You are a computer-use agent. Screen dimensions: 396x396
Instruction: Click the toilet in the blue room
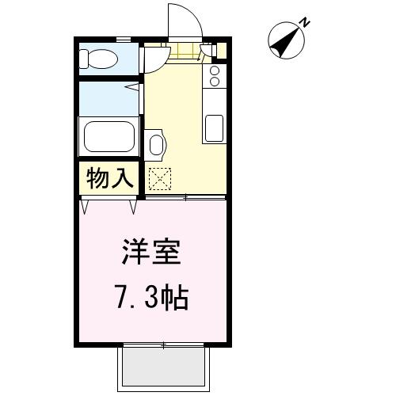(98, 59)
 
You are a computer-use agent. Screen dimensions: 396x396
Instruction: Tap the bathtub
(109, 136)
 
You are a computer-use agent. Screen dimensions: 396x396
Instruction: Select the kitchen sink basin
(214, 128)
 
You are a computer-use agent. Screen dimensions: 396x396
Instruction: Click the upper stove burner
(215, 70)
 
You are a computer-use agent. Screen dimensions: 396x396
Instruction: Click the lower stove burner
(215, 82)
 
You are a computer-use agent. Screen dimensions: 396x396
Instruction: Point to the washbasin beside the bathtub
(156, 144)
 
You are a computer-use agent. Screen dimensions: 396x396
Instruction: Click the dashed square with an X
(160, 179)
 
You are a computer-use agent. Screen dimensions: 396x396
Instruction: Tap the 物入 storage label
(109, 178)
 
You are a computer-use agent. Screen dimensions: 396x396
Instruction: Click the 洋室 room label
(151, 251)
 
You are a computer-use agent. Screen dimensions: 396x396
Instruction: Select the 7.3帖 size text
(151, 297)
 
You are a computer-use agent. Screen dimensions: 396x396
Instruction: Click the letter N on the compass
(306, 22)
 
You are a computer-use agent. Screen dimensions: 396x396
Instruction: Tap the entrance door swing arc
(196, 16)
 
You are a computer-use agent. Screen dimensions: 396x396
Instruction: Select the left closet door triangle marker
(85, 207)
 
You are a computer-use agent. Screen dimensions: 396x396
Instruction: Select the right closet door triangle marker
(133, 207)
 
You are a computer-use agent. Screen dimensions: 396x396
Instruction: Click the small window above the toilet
(124, 40)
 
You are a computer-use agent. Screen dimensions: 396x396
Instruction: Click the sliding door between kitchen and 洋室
(185, 197)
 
